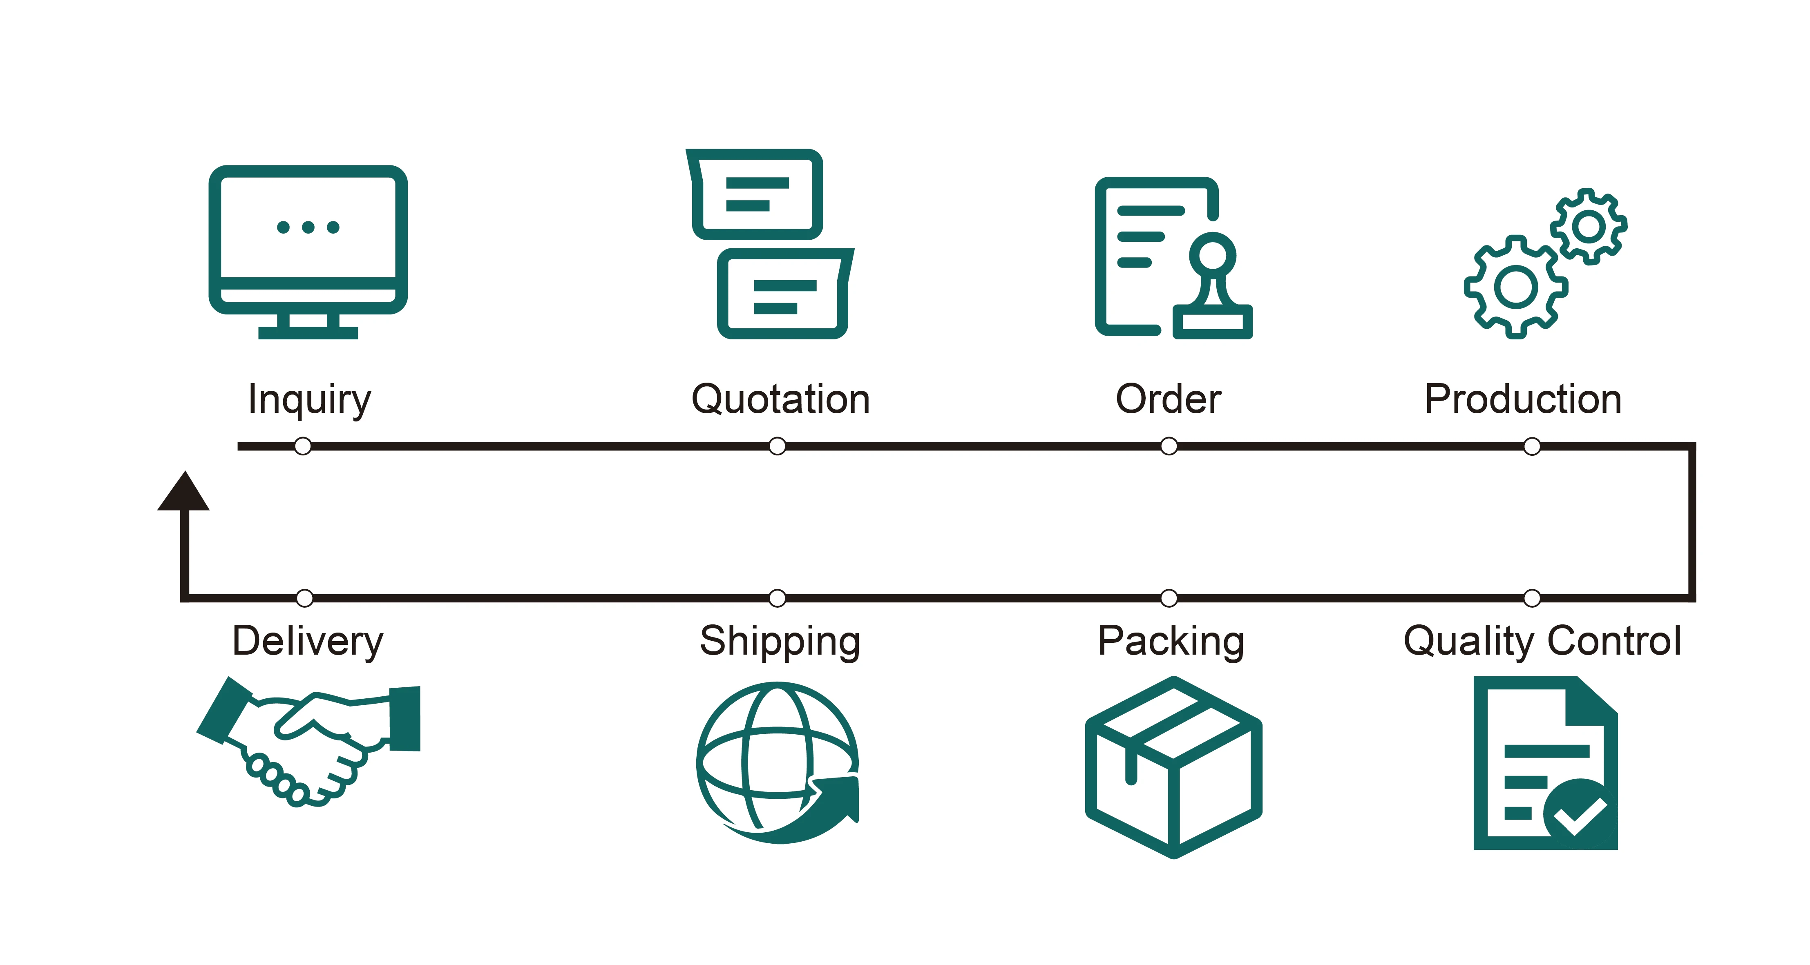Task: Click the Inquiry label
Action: pos(309,400)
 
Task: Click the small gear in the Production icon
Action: pos(1589,226)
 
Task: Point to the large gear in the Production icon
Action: pos(1515,287)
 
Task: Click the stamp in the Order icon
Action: pos(1213,288)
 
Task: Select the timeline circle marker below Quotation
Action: pos(777,446)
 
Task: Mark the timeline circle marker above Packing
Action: pos(1169,598)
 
